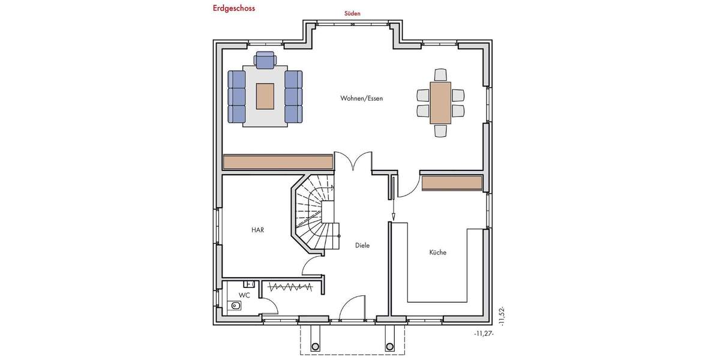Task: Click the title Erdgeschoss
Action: [x=233, y=8]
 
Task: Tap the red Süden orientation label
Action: [x=352, y=13]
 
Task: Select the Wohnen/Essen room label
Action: [x=361, y=98]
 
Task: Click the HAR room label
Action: [x=257, y=230]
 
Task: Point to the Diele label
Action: [x=362, y=245]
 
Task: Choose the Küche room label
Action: [x=437, y=253]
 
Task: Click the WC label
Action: [x=244, y=296]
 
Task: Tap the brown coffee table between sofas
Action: [x=265, y=96]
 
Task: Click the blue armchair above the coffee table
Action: [x=265, y=59]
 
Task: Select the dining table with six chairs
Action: [x=440, y=103]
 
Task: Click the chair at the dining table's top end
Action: [x=440, y=75]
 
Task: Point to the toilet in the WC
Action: [x=235, y=306]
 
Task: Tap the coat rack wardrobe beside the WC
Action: [x=290, y=287]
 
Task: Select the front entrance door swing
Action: [x=352, y=307]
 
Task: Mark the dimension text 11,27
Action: [x=483, y=334]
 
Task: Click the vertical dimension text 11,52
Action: [x=502, y=316]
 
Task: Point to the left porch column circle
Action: [x=315, y=346]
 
